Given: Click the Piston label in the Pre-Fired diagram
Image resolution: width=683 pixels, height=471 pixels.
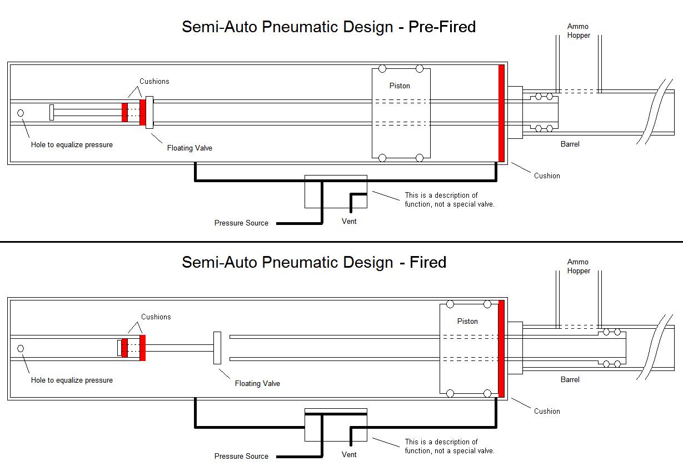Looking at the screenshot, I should pos(400,86).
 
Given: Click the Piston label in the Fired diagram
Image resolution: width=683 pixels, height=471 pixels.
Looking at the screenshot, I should pos(467,322).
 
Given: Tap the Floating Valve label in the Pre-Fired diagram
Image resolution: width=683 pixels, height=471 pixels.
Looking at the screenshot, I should pos(190,148).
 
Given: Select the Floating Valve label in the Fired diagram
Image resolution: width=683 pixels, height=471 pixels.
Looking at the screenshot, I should pos(257,384).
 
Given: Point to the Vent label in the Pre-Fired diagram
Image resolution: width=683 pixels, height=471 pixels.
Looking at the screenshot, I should pos(349,222).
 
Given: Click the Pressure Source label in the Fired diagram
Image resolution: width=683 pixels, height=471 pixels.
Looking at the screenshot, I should pos(241,457).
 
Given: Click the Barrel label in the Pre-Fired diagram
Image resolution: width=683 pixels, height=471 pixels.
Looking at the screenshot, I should pos(570,144).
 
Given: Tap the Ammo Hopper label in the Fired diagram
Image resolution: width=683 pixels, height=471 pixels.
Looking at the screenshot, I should pos(578,267).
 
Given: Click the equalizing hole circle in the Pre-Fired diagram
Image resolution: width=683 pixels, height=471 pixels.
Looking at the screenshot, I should pos(21,113).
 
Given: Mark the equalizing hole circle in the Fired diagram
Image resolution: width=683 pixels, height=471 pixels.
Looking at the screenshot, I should pos(21,349).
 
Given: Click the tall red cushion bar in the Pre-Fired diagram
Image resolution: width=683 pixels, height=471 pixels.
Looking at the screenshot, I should pos(501,113).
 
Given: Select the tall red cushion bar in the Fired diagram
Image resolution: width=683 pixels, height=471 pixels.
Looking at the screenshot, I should pos(501,349).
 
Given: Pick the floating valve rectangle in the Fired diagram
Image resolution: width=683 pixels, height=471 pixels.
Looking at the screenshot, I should pos(217,348).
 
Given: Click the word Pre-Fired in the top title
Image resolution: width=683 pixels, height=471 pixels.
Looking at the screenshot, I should pos(442,27).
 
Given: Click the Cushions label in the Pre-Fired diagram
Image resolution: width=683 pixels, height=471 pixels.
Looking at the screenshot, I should pos(154,82).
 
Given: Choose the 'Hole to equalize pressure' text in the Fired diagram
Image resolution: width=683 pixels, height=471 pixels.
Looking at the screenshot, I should pos(72,380).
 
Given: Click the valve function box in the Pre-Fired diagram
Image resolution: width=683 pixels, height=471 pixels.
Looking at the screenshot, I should pos(336,192).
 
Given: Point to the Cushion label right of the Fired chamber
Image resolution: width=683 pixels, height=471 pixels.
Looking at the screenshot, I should pos(547,412).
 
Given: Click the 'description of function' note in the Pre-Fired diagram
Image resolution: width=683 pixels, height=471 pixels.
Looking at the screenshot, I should pos(449,200).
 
